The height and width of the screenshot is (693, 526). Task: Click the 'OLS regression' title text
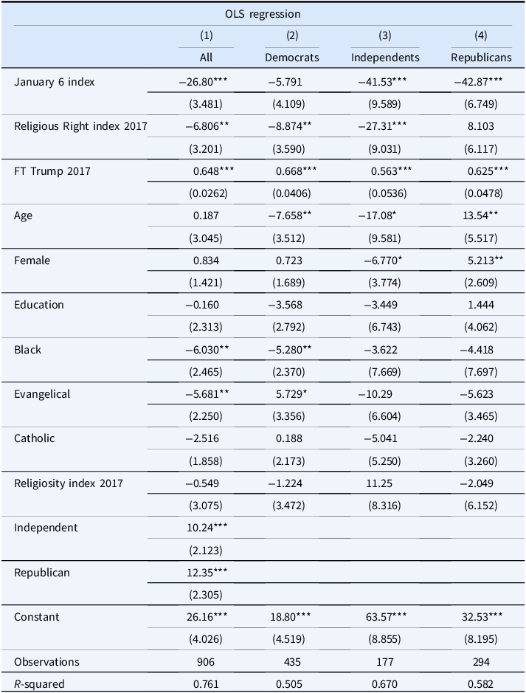click(x=263, y=14)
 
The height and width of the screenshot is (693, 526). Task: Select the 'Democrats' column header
click(x=292, y=58)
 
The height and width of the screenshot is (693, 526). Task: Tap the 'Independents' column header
click(x=385, y=58)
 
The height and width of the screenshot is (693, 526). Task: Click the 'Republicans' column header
click(x=481, y=58)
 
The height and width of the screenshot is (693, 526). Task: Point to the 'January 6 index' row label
click(x=55, y=82)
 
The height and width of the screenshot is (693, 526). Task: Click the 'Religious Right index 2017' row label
click(x=80, y=126)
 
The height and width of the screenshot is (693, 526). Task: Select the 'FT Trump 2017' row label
click(x=52, y=171)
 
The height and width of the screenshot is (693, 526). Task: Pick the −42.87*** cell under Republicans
click(x=478, y=82)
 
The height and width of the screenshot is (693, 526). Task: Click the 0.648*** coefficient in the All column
click(x=214, y=171)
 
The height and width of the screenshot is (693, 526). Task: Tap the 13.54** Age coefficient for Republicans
click(x=481, y=216)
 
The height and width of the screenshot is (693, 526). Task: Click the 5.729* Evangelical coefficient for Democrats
click(x=291, y=394)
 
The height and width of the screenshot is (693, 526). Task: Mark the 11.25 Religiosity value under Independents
click(x=379, y=483)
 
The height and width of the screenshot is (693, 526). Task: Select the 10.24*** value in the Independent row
click(x=207, y=528)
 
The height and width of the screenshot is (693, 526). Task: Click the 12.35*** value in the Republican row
click(x=207, y=573)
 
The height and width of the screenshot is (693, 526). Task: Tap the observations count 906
click(x=206, y=661)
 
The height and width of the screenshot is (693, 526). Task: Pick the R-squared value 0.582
click(x=480, y=684)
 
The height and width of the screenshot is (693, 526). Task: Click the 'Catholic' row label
click(x=35, y=438)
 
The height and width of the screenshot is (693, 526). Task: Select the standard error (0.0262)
click(x=208, y=193)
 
